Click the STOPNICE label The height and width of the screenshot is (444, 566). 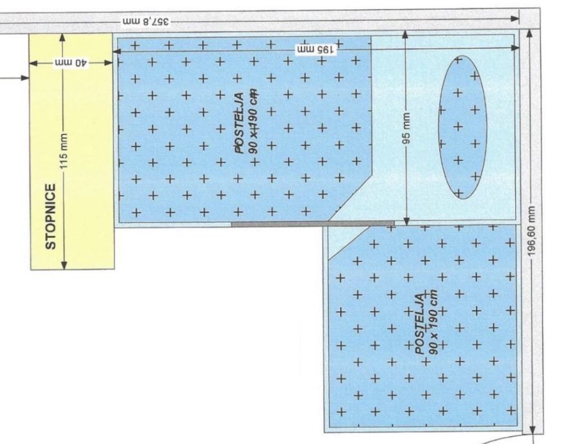tap(51, 216)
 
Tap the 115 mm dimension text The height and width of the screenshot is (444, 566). tap(63, 151)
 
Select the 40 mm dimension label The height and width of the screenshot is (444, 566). tap(71, 63)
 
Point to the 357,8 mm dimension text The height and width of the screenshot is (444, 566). tap(146, 21)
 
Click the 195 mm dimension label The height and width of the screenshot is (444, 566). tap(316, 50)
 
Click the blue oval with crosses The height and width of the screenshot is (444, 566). tap(462, 127)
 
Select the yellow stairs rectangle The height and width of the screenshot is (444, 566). tap(72, 151)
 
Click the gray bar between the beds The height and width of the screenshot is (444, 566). tap(312, 224)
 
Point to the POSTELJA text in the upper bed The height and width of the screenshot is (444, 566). tap(240, 123)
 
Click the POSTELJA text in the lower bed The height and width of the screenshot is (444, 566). tap(419, 324)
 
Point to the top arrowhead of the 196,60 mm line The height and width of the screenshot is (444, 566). tap(529, 33)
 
